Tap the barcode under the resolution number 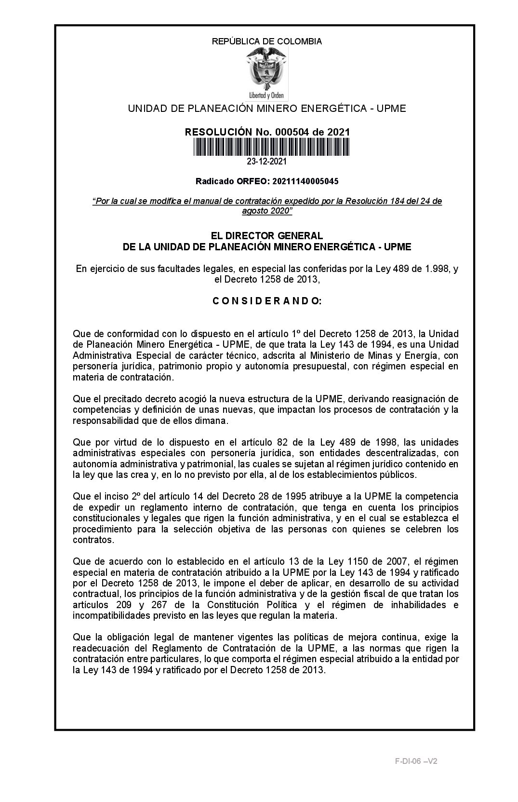tap(271, 147)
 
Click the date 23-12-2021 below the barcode tap(267, 161)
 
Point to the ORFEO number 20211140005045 tap(305, 181)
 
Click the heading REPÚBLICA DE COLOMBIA tap(267, 41)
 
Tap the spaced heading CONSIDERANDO tap(267, 301)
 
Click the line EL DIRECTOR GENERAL tap(267, 236)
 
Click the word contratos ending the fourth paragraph tap(87, 540)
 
